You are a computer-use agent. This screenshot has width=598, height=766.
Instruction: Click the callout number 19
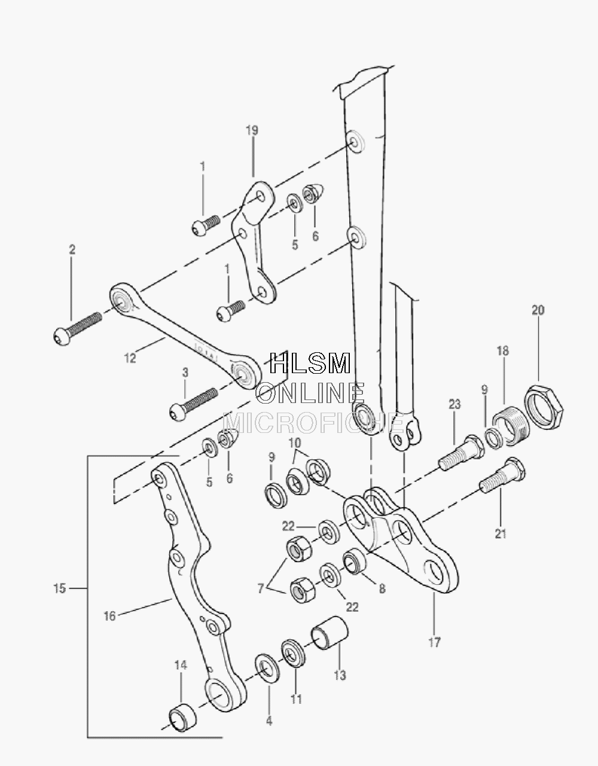tap(252, 130)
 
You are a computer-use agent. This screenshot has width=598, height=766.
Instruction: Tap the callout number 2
tap(72, 250)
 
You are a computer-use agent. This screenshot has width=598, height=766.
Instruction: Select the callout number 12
tap(130, 358)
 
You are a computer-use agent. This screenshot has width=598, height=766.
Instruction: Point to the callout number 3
tap(185, 373)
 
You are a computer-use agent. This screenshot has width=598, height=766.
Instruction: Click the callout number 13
tap(340, 675)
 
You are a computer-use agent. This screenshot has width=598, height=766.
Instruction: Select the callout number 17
tap(435, 642)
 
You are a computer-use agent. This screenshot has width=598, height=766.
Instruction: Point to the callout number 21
tap(501, 534)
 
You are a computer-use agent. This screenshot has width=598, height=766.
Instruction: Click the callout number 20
tap(538, 310)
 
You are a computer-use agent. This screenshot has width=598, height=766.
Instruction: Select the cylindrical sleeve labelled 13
tap(329, 633)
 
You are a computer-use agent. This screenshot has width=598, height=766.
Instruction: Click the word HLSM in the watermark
tap(310, 363)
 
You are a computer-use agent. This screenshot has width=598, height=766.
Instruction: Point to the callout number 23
tap(454, 404)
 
